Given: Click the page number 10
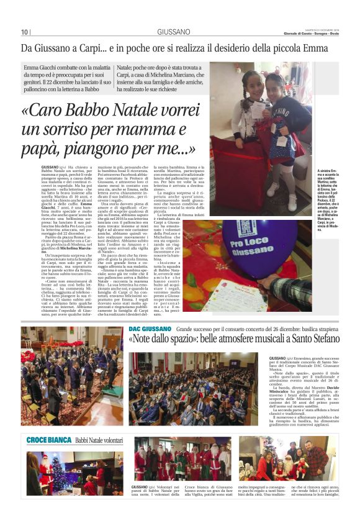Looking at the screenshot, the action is pyautogui.click(x=24, y=32).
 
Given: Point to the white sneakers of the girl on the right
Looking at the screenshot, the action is pyautogui.click(x=274, y=186).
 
